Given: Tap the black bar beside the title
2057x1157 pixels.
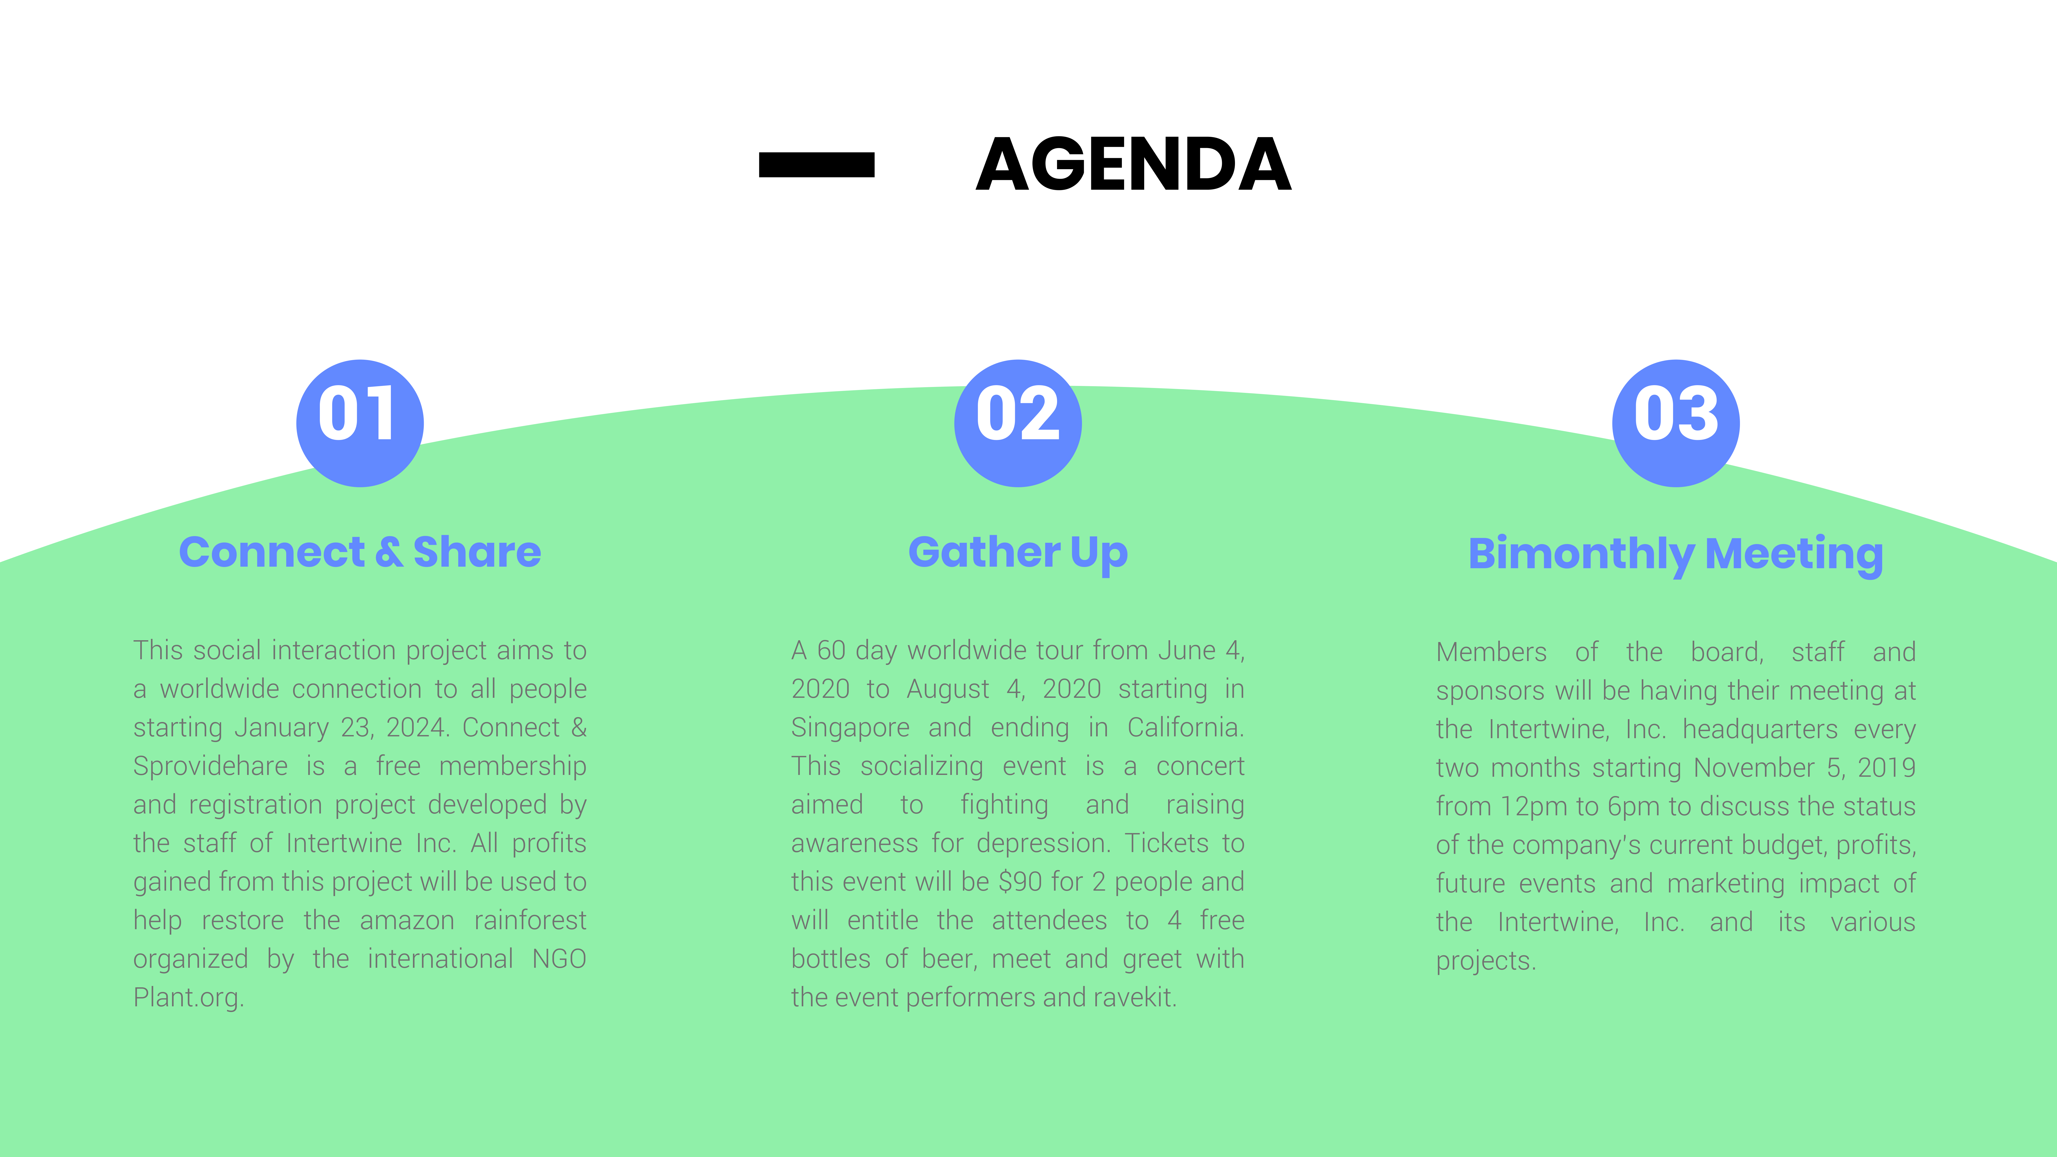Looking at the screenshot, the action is [816, 165].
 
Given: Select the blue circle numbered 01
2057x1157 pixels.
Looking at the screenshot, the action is [359, 423].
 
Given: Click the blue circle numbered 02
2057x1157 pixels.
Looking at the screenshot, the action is [1018, 423].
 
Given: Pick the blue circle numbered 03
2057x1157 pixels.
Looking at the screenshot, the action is [1676, 423].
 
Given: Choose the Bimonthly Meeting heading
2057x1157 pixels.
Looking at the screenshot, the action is [1676, 554].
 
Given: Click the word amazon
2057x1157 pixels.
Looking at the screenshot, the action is [407, 921].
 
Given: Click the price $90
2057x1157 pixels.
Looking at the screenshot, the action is [1021, 882].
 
